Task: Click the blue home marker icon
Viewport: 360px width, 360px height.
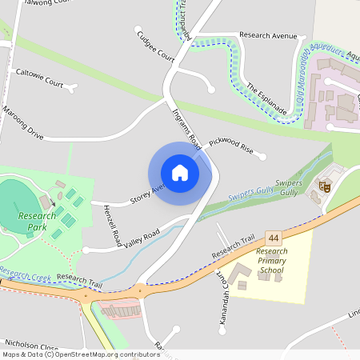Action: coord(180,173)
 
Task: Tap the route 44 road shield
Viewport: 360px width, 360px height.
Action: coord(274,238)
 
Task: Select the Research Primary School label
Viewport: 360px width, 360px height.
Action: coord(271,261)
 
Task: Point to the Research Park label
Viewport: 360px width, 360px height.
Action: coord(38,222)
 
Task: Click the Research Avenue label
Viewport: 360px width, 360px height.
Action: coord(268,36)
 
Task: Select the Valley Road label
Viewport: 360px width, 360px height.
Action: coord(142,238)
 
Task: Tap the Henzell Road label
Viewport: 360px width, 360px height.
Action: coord(112,225)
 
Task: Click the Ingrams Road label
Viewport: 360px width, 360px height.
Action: coord(186,128)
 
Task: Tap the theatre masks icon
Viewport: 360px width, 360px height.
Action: coord(325,186)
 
